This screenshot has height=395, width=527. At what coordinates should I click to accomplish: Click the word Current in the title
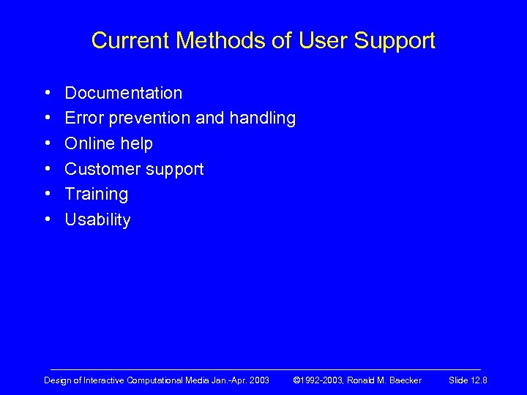(x=129, y=40)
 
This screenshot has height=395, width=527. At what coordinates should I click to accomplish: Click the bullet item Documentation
(x=124, y=93)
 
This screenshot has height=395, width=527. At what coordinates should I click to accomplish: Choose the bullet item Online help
(x=109, y=143)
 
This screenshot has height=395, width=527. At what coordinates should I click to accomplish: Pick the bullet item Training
(x=97, y=195)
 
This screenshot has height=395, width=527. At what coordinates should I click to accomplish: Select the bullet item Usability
(x=98, y=219)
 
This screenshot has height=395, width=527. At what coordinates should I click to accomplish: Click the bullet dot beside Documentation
(x=47, y=94)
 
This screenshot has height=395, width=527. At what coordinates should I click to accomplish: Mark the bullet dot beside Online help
(x=47, y=144)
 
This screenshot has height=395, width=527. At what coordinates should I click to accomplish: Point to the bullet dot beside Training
(x=47, y=195)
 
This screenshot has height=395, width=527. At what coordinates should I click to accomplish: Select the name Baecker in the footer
(x=405, y=380)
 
